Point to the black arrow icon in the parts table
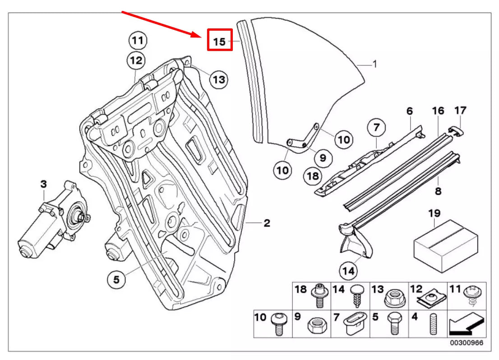(466, 323)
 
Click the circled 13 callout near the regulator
(218, 80)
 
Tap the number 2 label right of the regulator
(267, 223)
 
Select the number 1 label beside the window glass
(374, 64)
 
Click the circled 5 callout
(116, 280)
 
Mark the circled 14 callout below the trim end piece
(348, 271)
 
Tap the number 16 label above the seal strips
(438, 111)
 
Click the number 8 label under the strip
(438, 191)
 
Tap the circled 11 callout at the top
(137, 41)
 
